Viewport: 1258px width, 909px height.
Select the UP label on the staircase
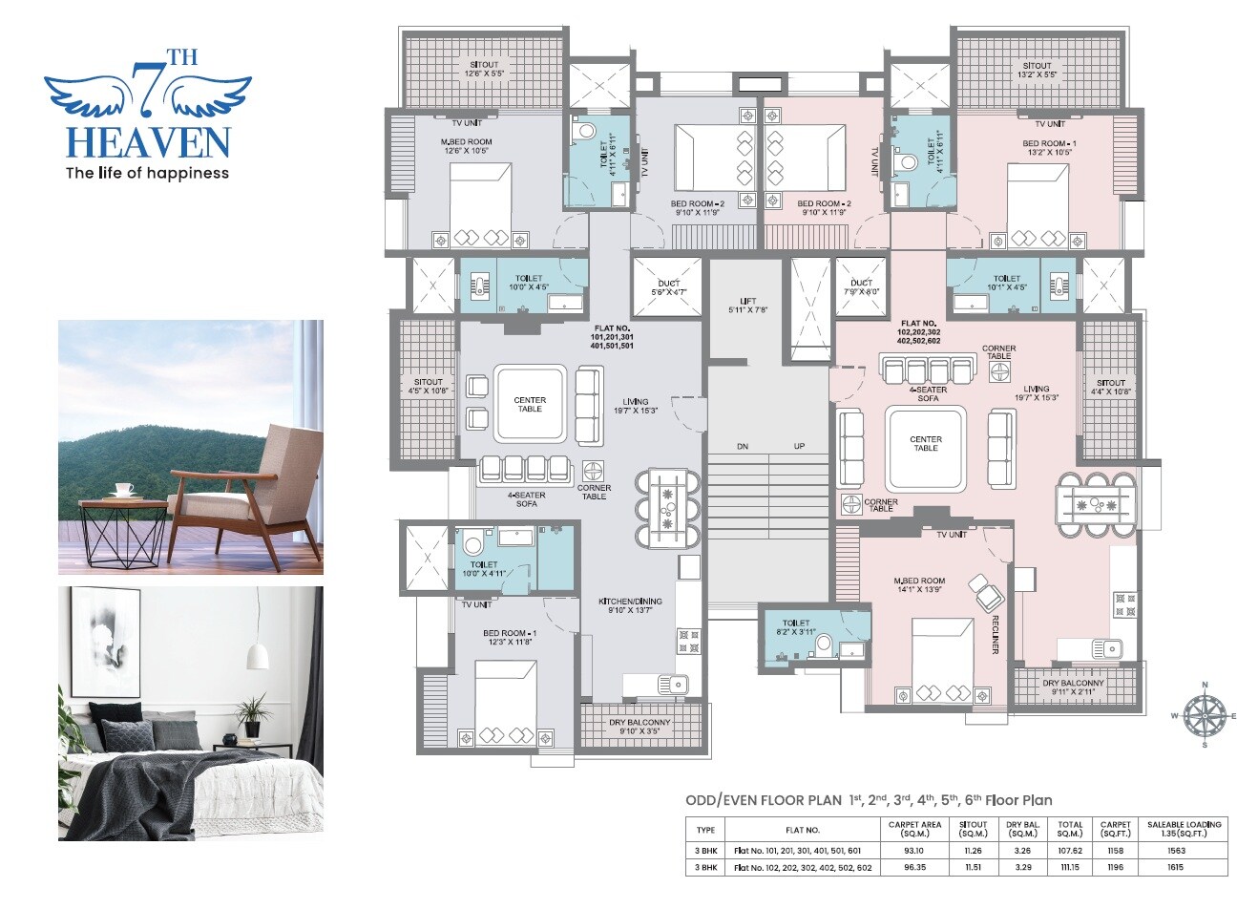799,447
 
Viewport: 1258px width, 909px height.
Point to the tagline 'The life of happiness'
146,173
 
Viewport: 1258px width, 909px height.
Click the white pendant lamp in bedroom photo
256,654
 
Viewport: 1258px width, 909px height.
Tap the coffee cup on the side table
123,490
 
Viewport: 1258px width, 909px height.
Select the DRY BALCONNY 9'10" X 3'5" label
640,728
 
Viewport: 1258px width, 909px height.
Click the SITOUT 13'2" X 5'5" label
1037,70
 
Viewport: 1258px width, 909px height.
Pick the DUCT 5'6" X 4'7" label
668,288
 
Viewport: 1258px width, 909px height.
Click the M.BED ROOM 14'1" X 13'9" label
919,585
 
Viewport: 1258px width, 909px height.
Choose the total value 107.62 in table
1069,850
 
